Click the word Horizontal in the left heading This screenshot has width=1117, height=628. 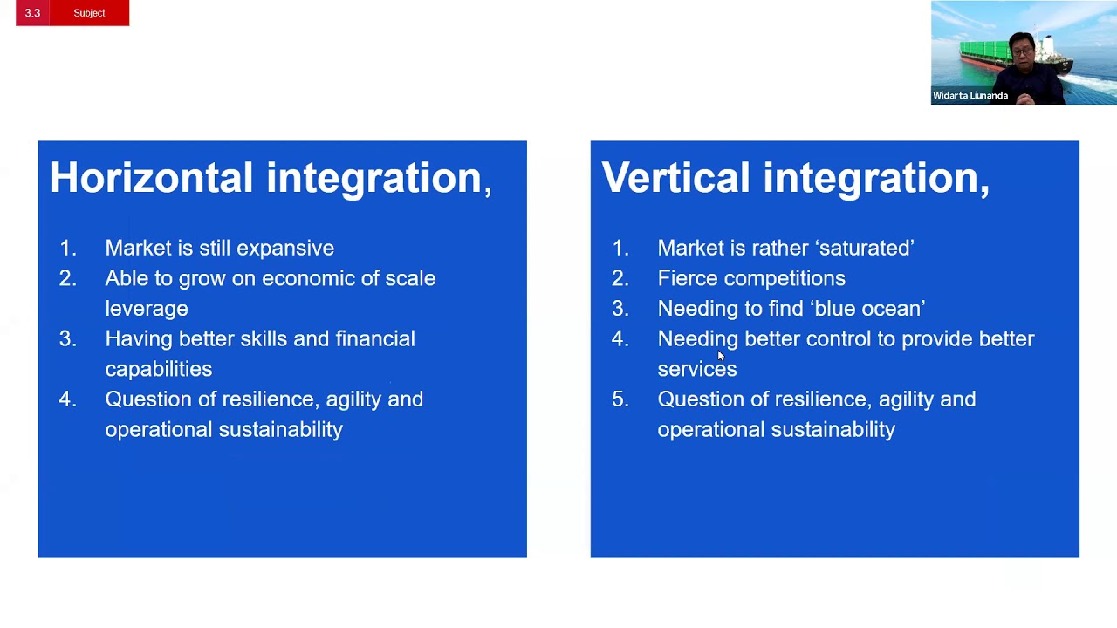point(151,178)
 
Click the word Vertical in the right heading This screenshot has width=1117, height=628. point(675,178)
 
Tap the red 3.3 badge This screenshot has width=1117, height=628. point(32,13)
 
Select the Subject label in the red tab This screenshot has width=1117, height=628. point(89,13)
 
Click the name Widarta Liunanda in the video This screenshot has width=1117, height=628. point(970,96)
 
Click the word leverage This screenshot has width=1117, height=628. point(146,309)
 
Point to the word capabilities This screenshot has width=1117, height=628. point(158,370)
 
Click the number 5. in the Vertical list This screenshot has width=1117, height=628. point(620,399)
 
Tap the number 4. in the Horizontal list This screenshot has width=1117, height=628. point(67,399)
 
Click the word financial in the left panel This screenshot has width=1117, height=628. point(375,338)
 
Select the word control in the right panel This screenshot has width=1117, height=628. point(839,338)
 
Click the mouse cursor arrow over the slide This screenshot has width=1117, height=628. point(721,356)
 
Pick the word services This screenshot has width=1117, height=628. point(696,370)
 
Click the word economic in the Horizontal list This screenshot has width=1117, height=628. point(303,278)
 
